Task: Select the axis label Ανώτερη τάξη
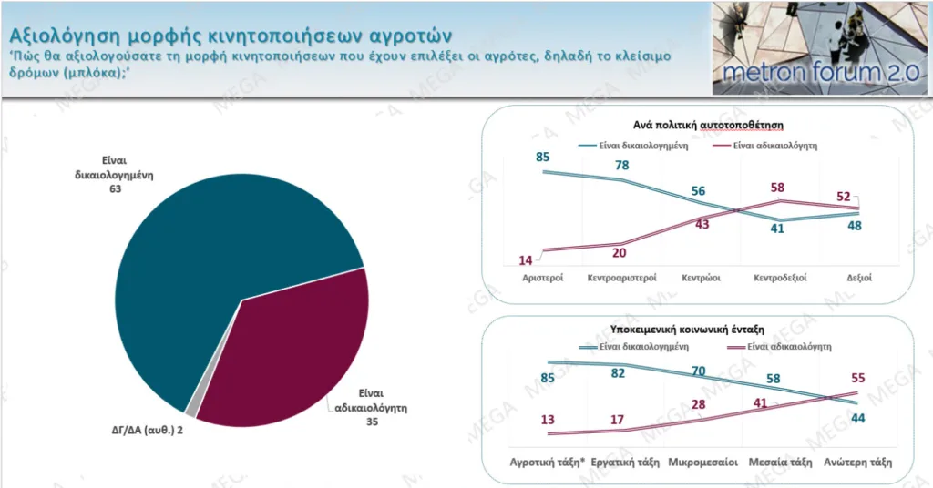coord(856,462)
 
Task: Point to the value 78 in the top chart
coord(623,166)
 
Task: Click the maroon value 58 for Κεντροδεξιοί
coord(776,188)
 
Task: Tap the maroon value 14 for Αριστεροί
coord(527,259)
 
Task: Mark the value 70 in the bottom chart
coord(699,371)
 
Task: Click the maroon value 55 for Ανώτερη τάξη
coord(856,377)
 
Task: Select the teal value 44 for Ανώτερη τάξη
coord(856,417)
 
